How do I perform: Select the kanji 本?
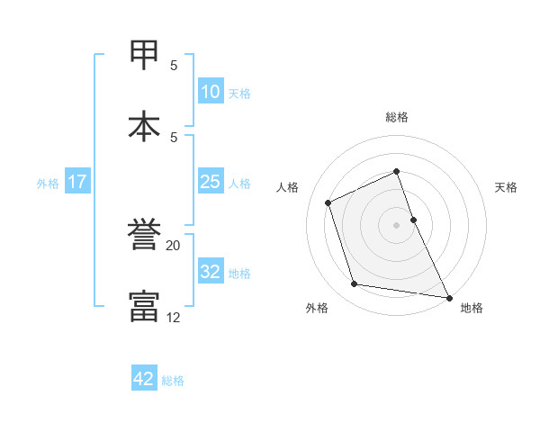[x=145, y=125]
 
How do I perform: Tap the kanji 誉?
[x=145, y=238]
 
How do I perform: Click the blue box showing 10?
[x=211, y=92]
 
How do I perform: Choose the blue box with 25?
[x=210, y=182]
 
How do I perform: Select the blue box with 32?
[x=210, y=272]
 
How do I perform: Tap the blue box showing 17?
[x=77, y=182]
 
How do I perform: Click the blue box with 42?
[x=144, y=379]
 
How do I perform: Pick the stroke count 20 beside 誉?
[x=173, y=245]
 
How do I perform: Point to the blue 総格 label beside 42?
[x=173, y=381]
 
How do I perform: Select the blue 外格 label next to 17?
[x=48, y=184]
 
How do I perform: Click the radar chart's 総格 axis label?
[x=397, y=117]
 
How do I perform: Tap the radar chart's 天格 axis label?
[x=506, y=187]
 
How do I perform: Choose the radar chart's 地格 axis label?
[x=472, y=308]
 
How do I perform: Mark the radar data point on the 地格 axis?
[x=448, y=297]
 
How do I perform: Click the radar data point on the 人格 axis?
[x=329, y=202]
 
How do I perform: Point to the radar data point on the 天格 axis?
[x=413, y=219]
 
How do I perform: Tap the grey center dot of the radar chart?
[x=397, y=224]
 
